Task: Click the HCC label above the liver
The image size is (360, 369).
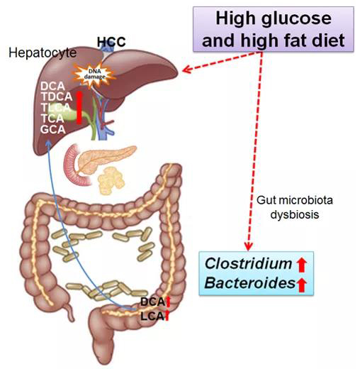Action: click(111, 42)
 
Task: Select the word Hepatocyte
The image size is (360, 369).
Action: click(43, 53)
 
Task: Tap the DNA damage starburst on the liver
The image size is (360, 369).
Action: click(94, 74)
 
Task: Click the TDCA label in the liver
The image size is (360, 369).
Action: click(57, 97)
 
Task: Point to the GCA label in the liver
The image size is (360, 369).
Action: click(52, 129)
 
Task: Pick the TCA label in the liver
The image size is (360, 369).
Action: click(52, 119)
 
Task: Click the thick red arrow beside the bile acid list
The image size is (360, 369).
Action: click(79, 107)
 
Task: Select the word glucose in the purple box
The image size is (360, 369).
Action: click(296, 19)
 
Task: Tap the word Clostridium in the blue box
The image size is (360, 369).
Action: click(248, 263)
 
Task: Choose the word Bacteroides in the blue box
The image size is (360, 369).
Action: click(250, 282)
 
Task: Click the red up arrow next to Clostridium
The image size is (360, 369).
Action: click(301, 265)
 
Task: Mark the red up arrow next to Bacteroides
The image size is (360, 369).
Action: click(301, 285)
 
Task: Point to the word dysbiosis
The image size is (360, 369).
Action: click(295, 215)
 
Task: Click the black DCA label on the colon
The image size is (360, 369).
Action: click(152, 302)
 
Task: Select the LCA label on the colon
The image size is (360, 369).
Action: click(152, 316)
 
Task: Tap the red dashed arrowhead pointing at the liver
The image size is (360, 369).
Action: click(186, 70)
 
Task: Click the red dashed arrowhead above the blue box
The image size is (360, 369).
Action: click(248, 246)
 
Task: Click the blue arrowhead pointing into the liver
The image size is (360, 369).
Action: click(48, 143)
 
